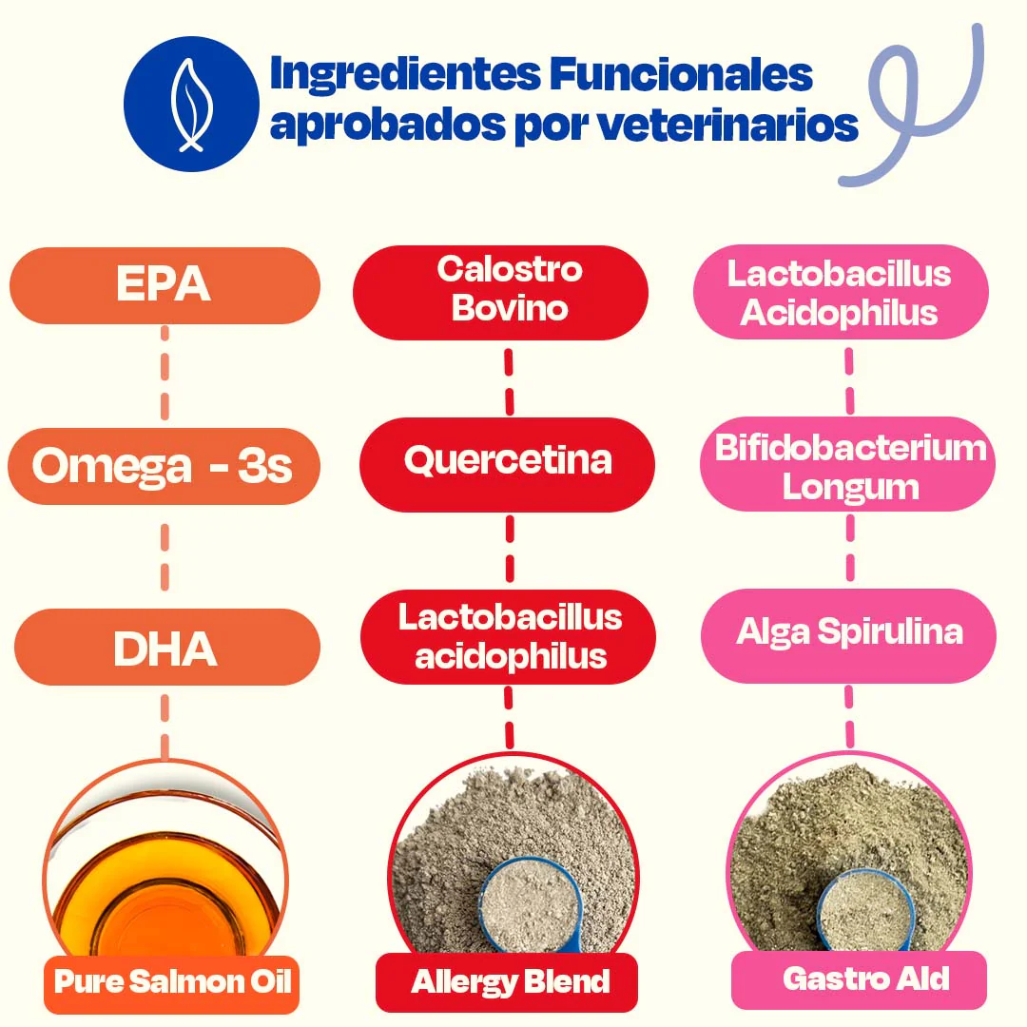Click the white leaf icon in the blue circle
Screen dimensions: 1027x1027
tap(191, 105)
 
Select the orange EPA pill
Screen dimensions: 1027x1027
tap(165, 285)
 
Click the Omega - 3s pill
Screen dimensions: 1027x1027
tap(164, 467)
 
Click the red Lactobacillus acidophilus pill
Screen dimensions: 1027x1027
tap(510, 636)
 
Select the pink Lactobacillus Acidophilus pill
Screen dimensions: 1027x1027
tap(840, 293)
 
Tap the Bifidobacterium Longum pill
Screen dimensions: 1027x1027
tap(848, 467)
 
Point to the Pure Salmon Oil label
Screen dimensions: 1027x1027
tap(171, 981)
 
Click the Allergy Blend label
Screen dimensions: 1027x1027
tap(508, 982)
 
